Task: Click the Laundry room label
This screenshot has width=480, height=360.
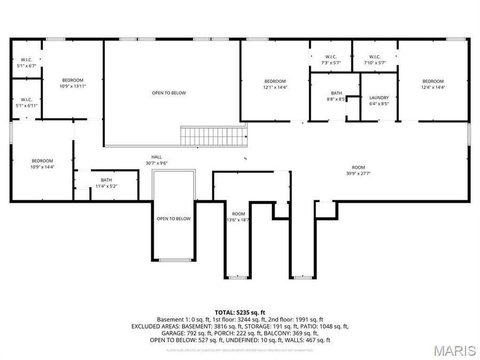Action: [379, 100]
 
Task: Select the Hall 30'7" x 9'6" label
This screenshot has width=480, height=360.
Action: [157, 159]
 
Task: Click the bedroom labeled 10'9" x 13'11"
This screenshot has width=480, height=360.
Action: [73, 83]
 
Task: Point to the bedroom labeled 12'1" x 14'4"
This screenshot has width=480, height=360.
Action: [275, 84]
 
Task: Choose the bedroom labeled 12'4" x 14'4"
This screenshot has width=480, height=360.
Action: [433, 84]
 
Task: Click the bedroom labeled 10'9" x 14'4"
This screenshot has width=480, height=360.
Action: [42, 164]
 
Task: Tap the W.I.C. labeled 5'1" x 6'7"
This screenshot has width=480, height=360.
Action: [27, 62]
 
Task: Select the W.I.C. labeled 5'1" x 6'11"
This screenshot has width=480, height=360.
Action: [27, 102]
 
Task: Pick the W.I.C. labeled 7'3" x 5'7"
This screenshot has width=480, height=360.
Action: [330, 60]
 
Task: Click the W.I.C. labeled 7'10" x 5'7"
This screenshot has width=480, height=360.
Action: [374, 60]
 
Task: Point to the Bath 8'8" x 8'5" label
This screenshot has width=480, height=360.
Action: [335, 95]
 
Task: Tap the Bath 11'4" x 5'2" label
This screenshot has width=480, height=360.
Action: [106, 183]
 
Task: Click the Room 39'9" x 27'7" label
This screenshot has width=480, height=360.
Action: [358, 170]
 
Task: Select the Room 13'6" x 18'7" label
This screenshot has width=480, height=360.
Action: [238, 216]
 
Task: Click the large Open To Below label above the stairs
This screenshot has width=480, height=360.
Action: [169, 93]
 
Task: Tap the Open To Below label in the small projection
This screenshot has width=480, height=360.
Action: [173, 219]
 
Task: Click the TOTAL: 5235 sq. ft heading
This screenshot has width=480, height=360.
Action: [239, 312]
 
